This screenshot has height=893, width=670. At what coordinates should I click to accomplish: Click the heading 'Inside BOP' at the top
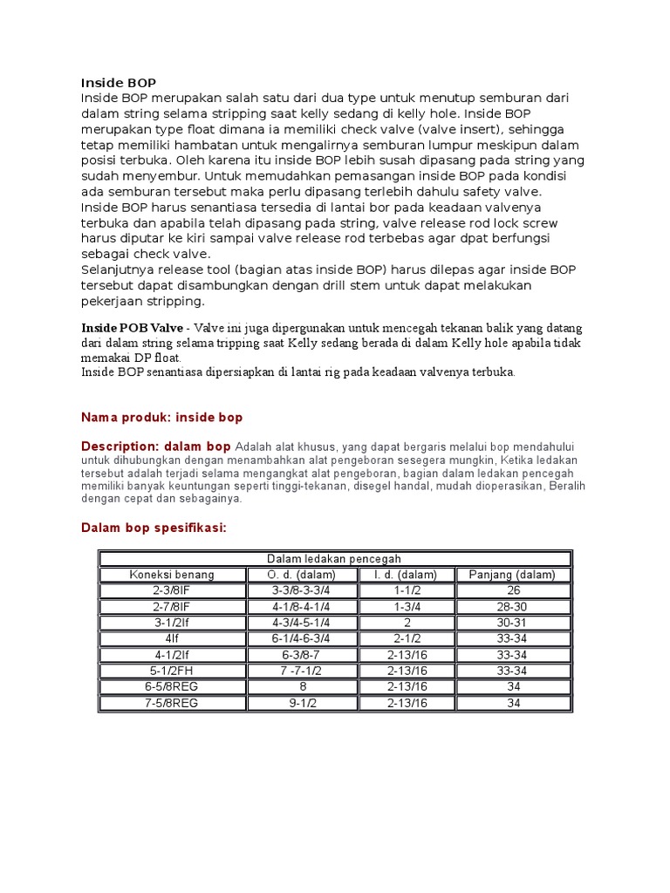coord(118,83)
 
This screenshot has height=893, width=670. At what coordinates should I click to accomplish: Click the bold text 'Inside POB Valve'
coord(132,328)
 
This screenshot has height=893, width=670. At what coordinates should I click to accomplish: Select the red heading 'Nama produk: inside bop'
coord(161,418)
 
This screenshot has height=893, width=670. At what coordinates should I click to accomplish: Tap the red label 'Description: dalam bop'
coord(155,446)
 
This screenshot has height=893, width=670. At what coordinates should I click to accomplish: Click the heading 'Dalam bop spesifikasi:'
coord(153,528)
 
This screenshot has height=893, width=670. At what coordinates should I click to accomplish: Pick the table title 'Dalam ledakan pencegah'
coord(334,559)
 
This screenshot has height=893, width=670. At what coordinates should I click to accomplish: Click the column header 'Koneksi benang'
coord(172,575)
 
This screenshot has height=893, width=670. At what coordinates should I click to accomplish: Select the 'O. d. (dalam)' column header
coord(301,575)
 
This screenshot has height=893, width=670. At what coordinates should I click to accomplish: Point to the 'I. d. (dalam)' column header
coord(407,575)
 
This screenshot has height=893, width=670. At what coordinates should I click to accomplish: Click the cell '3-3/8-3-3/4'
coord(301,590)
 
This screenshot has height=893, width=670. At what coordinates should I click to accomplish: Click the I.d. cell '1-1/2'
coord(407,590)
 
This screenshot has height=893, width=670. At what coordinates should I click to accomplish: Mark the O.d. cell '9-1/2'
coord(301,703)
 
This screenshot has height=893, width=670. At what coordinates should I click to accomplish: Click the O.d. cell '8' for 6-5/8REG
coord(301,687)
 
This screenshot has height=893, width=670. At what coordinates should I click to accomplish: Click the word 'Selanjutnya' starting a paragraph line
coord(118,269)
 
